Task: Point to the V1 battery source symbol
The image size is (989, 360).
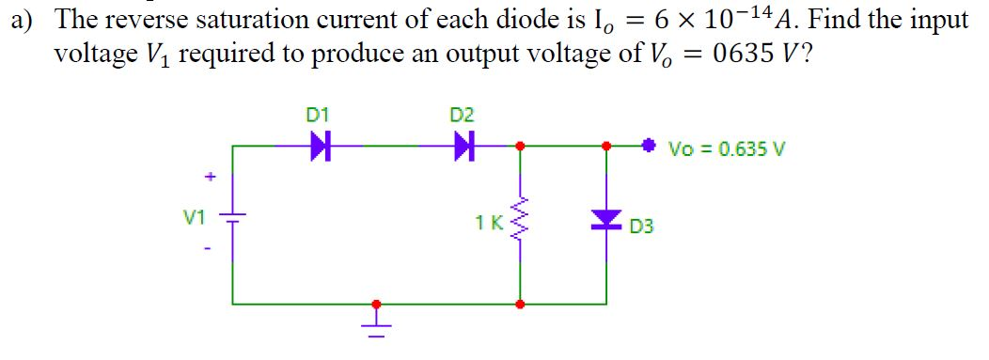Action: pyautogui.click(x=233, y=218)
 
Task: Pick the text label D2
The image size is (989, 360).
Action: pyautogui.click(x=462, y=116)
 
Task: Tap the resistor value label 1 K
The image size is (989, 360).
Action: pyautogui.click(x=487, y=223)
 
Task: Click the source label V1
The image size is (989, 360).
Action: pyautogui.click(x=194, y=217)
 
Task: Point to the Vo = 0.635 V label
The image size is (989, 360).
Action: pyautogui.click(x=714, y=149)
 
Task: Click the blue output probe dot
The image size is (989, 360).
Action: pyautogui.click(x=648, y=146)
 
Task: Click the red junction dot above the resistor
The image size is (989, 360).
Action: pyautogui.click(x=520, y=146)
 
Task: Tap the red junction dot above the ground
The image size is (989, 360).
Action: pyautogui.click(x=376, y=304)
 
